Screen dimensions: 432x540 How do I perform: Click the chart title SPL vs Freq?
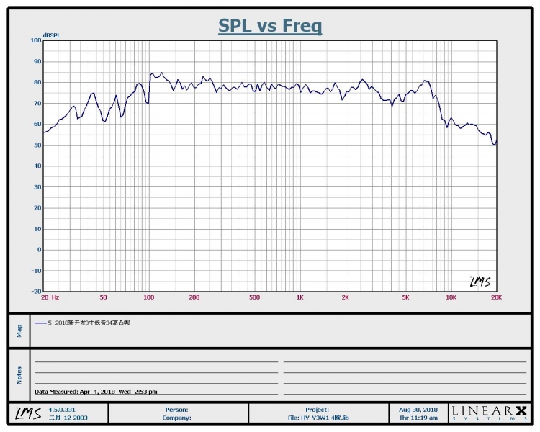click(x=270, y=26)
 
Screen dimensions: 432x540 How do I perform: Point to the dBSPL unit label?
click(x=51, y=35)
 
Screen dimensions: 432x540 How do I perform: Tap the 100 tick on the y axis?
click(x=36, y=40)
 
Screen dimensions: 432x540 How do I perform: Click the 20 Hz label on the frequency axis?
click(x=50, y=297)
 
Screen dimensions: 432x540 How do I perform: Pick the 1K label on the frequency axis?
click(x=300, y=297)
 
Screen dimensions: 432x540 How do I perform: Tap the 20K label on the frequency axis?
click(x=495, y=297)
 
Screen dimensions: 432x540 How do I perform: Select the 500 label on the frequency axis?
click(x=254, y=297)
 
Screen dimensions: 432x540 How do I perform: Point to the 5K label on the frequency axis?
click(x=405, y=297)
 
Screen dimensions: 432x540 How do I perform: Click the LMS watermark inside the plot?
click(x=480, y=282)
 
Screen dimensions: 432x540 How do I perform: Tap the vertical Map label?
click(x=19, y=330)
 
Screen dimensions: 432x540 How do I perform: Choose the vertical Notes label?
click(x=19, y=374)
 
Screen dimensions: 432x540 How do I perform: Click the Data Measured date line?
click(x=96, y=392)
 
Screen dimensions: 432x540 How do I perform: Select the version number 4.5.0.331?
click(x=62, y=409)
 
